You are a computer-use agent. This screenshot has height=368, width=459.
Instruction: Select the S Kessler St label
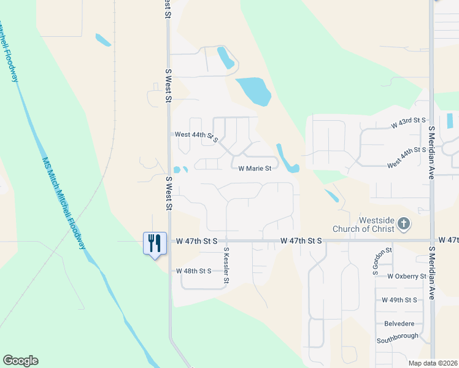(x=226, y=266)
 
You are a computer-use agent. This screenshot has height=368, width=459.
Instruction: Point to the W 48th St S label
(x=193, y=270)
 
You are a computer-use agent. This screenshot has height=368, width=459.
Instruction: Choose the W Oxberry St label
(x=407, y=276)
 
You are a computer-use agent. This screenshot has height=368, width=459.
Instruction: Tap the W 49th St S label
(x=399, y=300)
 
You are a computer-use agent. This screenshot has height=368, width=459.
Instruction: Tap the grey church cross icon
(x=404, y=224)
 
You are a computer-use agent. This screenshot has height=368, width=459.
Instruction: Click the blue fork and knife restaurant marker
(x=154, y=243)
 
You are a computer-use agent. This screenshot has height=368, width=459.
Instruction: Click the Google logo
(x=20, y=361)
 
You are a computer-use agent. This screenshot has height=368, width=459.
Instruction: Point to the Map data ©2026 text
(x=433, y=363)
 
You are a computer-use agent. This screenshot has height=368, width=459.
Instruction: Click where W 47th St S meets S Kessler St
(x=226, y=241)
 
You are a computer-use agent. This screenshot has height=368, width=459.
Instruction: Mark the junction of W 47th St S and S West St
(x=169, y=241)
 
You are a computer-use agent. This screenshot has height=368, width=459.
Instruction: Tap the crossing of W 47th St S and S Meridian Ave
(x=432, y=241)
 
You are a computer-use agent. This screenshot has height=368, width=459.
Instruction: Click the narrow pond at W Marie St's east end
(x=286, y=158)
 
